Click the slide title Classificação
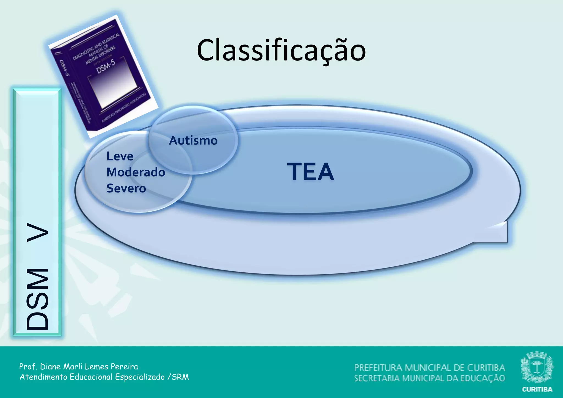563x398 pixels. [x=281, y=51]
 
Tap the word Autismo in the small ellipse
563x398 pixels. [x=193, y=140]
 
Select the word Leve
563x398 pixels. [x=120, y=156]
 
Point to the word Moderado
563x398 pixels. [x=136, y=172]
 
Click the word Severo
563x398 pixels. [x=126, y=188]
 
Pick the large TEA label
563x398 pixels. [x=311, y=172]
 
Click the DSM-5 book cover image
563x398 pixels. [x=103, y=76]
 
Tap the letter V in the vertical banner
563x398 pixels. [x=38, y=232]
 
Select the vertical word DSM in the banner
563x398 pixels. [x=38, y=299]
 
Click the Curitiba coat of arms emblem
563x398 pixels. [x=537, y=367]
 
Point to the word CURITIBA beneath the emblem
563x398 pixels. [x=537, y=389]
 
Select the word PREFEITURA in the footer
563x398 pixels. [x=379, y=367]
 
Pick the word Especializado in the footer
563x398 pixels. [x=140, y=377]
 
